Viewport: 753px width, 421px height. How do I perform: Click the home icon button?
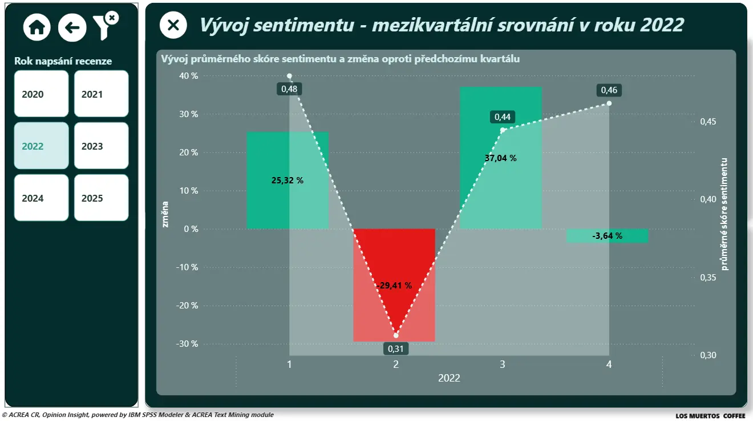tap(37, 27)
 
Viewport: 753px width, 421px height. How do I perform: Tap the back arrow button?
tap(72, 27)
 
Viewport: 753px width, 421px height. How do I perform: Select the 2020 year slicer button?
tap(41, 94)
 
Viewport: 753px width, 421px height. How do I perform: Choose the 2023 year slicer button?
tap(101, 146)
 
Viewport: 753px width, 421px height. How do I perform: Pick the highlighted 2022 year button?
tap(41, 146)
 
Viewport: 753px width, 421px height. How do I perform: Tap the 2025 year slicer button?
tap(101, 198)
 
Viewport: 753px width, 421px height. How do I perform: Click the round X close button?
tap(173, 25)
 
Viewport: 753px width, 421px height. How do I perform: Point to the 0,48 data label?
tap(289, 89)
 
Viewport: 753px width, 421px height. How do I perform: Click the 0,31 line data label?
tap(396, 348)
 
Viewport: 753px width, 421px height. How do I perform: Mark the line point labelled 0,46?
tap(609, 103)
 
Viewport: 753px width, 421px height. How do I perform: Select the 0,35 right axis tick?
tap(708, 278)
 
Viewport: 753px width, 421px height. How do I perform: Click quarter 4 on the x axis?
tap(609, 364)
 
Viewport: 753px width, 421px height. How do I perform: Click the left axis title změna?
tap(165, 214)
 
